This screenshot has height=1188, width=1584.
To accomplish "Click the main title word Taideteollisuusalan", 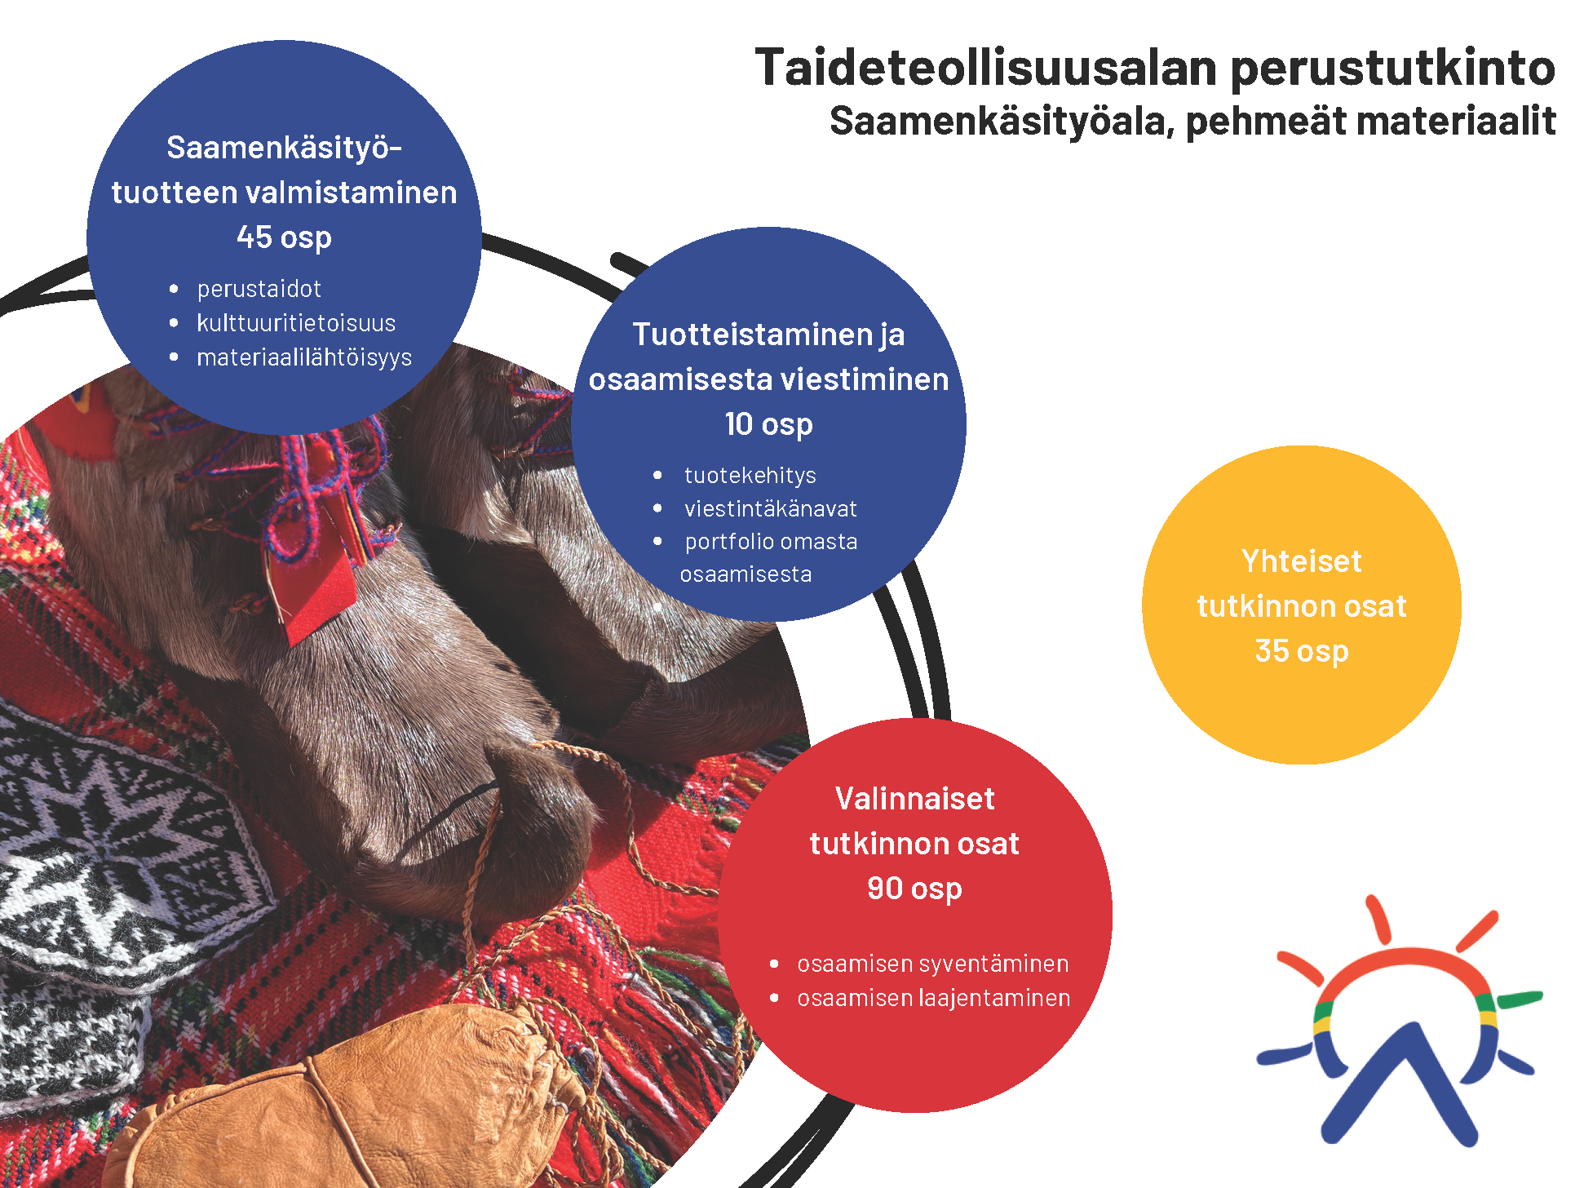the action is [986, 67].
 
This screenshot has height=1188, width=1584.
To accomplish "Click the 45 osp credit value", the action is [284, 238].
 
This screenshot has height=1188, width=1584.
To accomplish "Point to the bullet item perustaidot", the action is [259, 289].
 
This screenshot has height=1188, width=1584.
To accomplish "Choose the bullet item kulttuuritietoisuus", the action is [296, 323].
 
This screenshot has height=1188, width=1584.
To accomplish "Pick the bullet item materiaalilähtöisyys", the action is [304, 358].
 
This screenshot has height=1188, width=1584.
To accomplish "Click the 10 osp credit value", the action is [768, 425].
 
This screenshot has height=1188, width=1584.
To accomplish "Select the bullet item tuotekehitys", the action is [750, 476].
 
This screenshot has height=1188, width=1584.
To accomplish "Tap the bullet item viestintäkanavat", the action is [771, 509].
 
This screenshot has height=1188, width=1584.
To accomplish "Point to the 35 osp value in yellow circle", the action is [1302, 652].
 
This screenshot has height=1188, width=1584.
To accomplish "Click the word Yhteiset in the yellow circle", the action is [1302, 561].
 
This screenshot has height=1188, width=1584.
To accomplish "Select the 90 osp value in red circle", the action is [914, 889].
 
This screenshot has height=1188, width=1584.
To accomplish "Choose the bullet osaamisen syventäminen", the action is [933, 964].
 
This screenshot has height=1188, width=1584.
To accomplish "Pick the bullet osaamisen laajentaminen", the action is [934, 999].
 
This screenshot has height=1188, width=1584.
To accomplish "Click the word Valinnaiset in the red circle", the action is [914, 799].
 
